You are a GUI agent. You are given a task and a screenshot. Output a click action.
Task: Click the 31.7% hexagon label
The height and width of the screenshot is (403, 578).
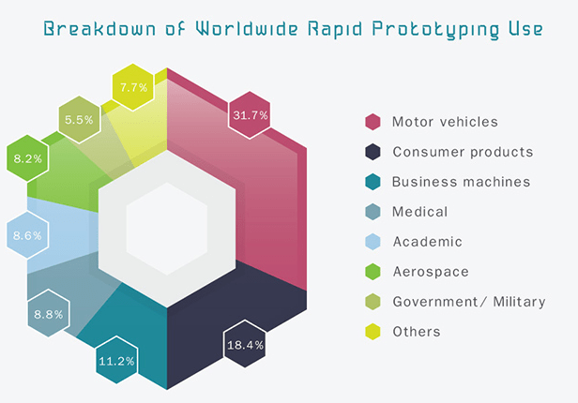click(x=250, y=115)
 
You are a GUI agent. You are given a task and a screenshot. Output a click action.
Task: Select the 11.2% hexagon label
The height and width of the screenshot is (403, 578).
click(x=117, y=360)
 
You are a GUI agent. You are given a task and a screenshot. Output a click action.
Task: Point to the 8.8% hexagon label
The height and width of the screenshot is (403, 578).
click(x=48, y=315)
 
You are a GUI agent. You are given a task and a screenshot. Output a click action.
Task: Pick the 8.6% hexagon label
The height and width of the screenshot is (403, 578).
click(x=26, y=236)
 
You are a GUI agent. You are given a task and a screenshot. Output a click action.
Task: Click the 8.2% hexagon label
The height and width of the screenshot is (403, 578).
click(x=27, y=159)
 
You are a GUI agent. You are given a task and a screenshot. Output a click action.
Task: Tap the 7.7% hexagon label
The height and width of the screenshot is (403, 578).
click(x=131, y=87)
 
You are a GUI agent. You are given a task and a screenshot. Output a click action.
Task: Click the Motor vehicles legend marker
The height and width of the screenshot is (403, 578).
click(x=373, y=122)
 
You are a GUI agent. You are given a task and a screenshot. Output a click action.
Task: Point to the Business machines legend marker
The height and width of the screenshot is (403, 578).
click(x=373, y=182)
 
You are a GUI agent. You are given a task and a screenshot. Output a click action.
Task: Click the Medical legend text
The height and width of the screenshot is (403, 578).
click(x=419, y=212)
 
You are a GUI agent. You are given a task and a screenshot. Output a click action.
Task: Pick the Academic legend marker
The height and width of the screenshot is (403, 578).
click(x=373, y=242)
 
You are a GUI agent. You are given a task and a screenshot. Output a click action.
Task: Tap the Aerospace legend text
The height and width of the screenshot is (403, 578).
click(x=430, y=272)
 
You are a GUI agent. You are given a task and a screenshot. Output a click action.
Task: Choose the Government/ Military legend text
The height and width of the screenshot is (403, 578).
click(x=469, y=302)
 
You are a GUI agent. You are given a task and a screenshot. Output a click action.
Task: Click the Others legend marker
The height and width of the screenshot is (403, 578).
click(x=373, y=332)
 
